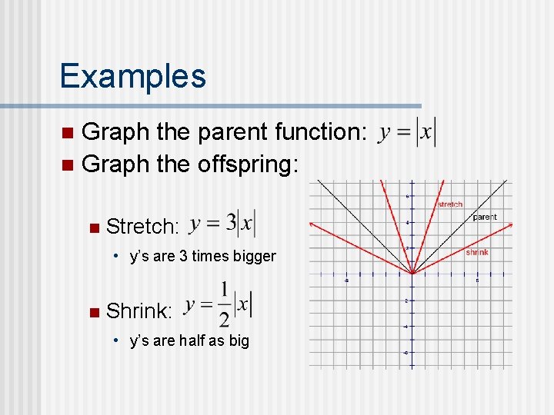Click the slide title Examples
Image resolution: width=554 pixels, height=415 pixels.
132,76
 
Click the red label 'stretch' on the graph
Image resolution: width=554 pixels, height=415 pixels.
450,204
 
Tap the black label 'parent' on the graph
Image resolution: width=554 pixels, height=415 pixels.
485,217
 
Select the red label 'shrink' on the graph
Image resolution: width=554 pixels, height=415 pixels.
477,252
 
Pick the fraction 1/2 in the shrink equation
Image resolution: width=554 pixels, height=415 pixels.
224,304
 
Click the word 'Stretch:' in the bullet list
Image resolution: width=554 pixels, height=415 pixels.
142,226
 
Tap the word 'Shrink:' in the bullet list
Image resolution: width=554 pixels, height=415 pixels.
138,310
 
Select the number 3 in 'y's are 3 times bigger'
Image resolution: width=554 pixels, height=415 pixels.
184,256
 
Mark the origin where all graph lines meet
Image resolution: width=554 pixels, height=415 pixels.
412,274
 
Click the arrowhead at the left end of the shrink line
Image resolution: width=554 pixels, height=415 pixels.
312,223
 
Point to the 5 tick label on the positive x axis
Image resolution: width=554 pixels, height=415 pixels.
477,281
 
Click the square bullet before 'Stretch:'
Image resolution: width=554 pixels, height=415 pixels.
94,227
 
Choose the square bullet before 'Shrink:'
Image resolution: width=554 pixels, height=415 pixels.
94,311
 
